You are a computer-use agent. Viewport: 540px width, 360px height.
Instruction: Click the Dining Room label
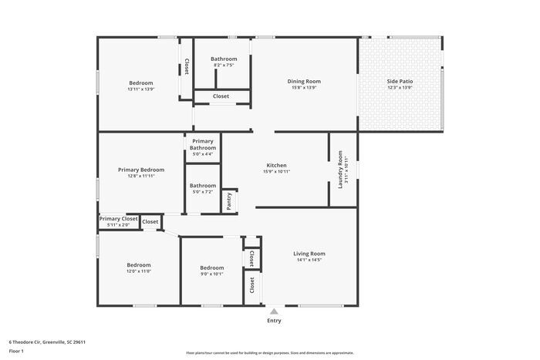click(304, 81)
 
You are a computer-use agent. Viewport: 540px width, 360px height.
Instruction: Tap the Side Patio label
click(400, 81)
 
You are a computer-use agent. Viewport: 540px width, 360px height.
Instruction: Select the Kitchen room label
click(277, 165)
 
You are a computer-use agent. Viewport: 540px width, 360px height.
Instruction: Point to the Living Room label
click(309, 254)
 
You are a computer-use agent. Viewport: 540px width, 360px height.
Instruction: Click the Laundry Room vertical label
click(340, 169)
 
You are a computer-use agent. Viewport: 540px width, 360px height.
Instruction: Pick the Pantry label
click(229, 200)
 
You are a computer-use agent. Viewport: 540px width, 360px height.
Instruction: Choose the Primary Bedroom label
click(141, 170)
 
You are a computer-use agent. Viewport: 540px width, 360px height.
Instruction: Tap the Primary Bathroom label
click(203, 144)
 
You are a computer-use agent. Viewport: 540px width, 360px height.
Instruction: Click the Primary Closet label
click(119, 219)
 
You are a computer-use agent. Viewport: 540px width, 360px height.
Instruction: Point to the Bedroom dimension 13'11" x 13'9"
click(140, 89)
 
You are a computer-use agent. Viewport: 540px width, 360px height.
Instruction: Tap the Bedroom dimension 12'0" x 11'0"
click(139, 271)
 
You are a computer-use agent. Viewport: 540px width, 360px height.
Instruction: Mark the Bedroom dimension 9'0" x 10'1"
click(211, 274)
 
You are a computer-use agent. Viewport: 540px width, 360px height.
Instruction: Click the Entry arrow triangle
click(273, 311)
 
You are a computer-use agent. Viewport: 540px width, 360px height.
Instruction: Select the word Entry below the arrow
click(274, 321)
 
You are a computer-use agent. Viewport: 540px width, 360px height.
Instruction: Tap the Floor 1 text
click(17, 352)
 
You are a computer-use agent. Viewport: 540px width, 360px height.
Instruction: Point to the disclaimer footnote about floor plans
click(269, 352)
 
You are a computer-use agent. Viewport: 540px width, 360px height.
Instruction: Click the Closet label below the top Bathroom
click(221, 96)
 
